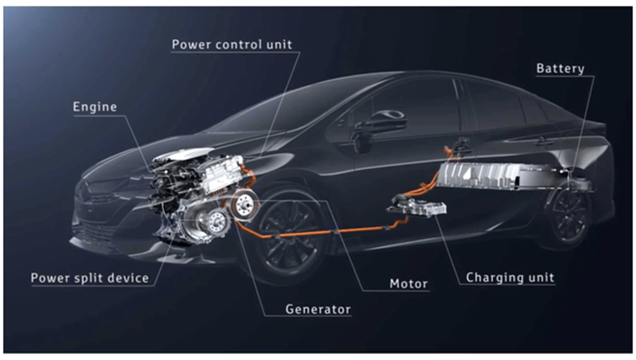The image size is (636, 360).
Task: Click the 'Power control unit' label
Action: pyautogui.click(x=232, y=44)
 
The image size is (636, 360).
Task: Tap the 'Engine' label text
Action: pyautogui.click(x=95, y=107)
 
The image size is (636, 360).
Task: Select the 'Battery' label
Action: pyautogui.click(x=560, y=68)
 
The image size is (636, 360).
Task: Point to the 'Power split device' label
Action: pyautogui.click(x=90, y=278)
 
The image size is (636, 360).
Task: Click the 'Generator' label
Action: pyautogui.click(x=318, y=309)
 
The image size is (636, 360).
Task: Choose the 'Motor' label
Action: pyautogui.click(x=409, y=283)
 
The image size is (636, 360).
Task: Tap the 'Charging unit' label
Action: pyautogui.click(x=510, y=277)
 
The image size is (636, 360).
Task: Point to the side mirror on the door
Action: pyautogui.click(x=379, y=122)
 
